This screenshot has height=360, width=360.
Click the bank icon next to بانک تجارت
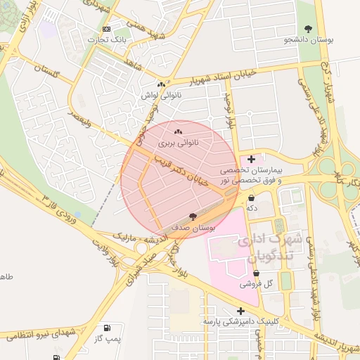click(106, 29)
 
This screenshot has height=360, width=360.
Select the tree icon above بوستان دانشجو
click(308, 29)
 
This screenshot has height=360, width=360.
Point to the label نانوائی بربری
click(178, 143)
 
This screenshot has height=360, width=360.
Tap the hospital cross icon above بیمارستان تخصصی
click(252, 160)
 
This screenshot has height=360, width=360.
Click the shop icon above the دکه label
click(251, 198)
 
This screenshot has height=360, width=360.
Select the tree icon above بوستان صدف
click(193, 217)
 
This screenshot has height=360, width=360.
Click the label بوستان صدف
click(193, 228)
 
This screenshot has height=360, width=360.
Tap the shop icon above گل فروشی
click(256, 274)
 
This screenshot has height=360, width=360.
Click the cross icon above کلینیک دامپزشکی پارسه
click(241, 311)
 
